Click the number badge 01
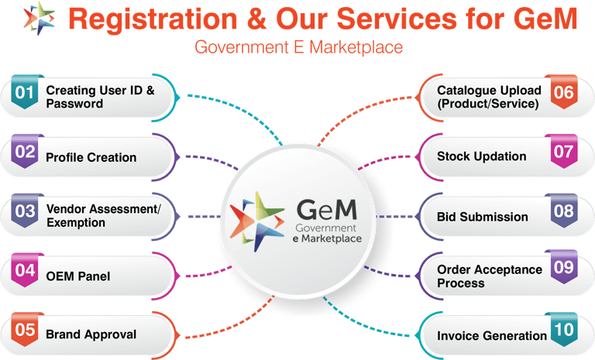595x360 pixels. (26, 94)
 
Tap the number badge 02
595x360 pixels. (26, 153)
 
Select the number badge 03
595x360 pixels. (26, 211)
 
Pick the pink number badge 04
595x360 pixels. (26, 272)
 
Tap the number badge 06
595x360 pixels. (563, 93)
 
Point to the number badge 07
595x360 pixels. (563, 152)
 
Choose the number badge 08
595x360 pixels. (563, 212)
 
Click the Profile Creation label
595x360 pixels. (91, 157)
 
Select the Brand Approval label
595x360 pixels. (91, 334)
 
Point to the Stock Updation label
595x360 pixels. (481, 156)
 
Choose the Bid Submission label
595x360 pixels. (482, 217)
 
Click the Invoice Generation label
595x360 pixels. (492, 336)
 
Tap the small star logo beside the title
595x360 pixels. (39, 19)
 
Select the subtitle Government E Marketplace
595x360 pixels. (298, 48)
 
